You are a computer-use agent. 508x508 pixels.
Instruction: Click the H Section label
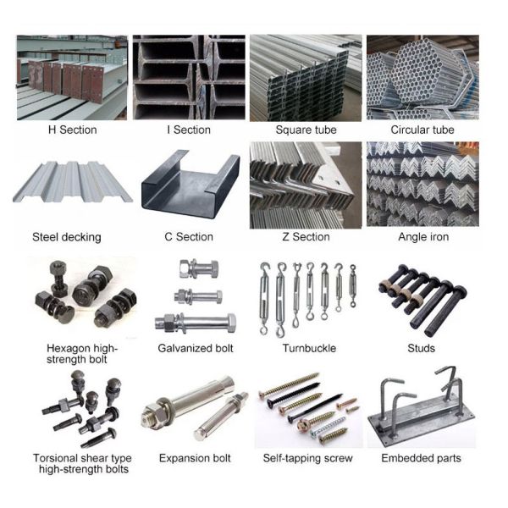pos(73,130)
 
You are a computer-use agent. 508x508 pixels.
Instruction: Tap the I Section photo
pos(189,77)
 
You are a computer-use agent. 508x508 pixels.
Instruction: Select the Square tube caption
pos(306,130)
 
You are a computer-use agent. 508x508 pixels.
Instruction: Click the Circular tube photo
pos(422,77)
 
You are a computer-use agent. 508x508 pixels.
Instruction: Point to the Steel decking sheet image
pos(73,184)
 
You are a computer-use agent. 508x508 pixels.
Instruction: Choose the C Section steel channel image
pos(189,184)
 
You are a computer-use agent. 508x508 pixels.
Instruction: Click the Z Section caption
pos(306,237)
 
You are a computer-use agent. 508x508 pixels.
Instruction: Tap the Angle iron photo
pos(422,184)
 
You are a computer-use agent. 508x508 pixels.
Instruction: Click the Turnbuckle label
pos(309,348)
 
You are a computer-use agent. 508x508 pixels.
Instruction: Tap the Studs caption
pos(421,348)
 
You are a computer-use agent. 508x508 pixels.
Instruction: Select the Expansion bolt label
pos(195,458)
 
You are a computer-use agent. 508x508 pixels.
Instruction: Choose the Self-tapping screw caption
pos(308,458)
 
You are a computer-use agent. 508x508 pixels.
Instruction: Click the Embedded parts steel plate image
pos(421,411)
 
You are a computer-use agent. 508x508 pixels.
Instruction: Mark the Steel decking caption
pos(66,237)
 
